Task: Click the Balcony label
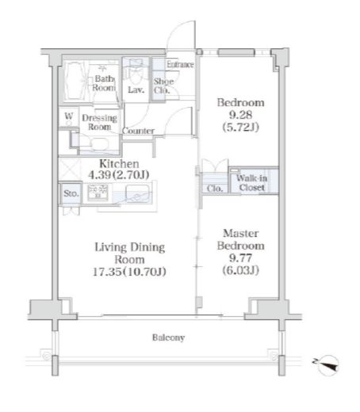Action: (x=168, y=338)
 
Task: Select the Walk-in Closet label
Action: (x=251, y=183)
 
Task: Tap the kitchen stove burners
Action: (x=98, y=192)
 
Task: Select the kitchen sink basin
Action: (x=137, y=194)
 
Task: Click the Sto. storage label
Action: (x=71, y=193)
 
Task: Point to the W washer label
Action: (x=69, y=116)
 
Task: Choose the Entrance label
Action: (x=180, y=64)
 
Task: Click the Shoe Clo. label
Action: (x=163, y=86)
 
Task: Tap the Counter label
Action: (x=138, y=131)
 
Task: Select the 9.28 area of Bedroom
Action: (x=240, y=115)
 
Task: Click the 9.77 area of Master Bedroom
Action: (x=240, y=257)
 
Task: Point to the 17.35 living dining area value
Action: (x=107, y=272)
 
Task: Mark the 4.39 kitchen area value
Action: (x=99, y=174)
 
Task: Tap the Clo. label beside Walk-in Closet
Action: (x=215, y=189)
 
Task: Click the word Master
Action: (x=241, y=233)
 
